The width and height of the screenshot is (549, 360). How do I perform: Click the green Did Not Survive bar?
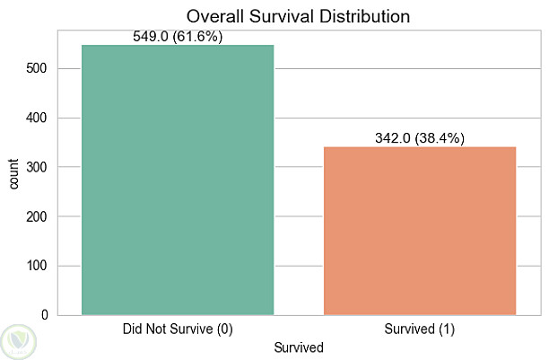(x=177, y=180)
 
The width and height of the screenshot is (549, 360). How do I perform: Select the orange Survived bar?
(x=419, y=231)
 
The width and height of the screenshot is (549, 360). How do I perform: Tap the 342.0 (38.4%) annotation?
(x=419, y=139)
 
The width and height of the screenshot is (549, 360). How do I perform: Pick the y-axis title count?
(x=13, y=174)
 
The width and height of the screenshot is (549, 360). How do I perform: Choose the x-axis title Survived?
(x=298, y=347)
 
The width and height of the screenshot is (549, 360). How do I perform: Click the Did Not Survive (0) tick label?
(x=178, y=329)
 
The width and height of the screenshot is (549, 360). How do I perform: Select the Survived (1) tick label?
(x=419, y=329)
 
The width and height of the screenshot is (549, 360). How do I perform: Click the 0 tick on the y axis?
(x=46, y=315)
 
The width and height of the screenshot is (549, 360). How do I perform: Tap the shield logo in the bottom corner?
(x=19, y=340)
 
